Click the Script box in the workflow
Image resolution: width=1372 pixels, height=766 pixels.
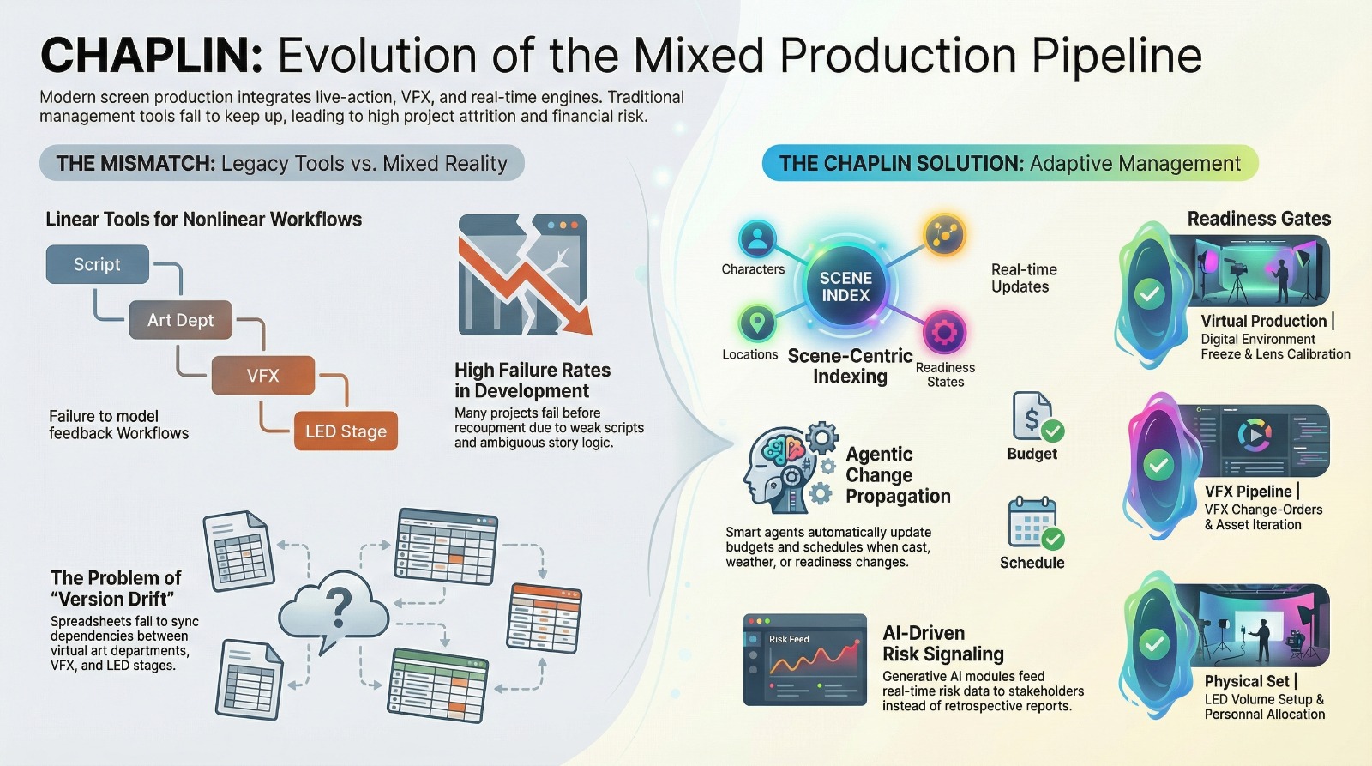click(97, 264)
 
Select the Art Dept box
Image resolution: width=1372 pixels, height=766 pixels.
click(180, 320)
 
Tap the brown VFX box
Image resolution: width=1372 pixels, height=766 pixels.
click(262, 376)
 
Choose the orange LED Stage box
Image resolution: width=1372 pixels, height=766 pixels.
click(346, 431)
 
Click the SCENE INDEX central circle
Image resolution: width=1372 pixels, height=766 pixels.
click(845, 286)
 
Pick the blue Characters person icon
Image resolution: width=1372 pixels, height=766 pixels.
click(756, 238)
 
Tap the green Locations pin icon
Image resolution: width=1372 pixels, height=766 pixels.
click(756, 323)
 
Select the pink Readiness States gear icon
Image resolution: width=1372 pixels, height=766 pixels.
click(944, 331)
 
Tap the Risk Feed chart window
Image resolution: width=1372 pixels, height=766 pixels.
click(804, 660)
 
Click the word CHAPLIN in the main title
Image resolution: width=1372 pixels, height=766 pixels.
click(151, 56)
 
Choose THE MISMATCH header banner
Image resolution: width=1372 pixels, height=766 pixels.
click(281, 163)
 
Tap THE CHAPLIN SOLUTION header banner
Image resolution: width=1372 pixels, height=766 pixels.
click(1009, 163)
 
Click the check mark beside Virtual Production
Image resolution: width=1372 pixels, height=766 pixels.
click(1149, 294)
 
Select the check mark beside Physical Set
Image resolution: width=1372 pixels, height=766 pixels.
click(1154, 643)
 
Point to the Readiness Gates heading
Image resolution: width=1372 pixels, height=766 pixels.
click(1258, 219)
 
